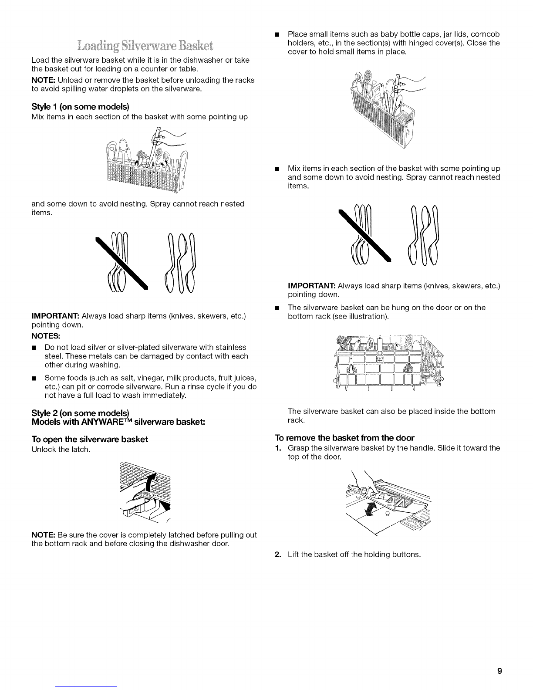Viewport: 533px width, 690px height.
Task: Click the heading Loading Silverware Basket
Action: [x=145, y=46]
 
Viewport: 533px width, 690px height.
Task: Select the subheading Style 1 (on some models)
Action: [x=80, y=106]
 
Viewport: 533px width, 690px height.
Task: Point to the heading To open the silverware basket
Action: [x=90, y=440]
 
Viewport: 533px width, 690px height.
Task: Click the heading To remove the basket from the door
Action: [x=345, y=438]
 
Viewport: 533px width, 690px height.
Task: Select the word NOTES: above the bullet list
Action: [x=46, y=336]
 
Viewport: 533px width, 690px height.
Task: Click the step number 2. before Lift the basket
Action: [x=278, y=555]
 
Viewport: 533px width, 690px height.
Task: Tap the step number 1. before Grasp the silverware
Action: [x=278, y=448]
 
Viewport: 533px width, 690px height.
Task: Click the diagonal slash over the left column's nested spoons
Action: [x=122, y=264]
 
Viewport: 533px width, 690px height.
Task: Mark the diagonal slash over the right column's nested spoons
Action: [x=365, y=236]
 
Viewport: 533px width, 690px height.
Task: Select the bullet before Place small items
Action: [x=277, y=34]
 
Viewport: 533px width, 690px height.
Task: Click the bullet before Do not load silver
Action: [x=34, y=348]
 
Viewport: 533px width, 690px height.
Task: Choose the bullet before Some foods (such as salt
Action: [x=34, y=379]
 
